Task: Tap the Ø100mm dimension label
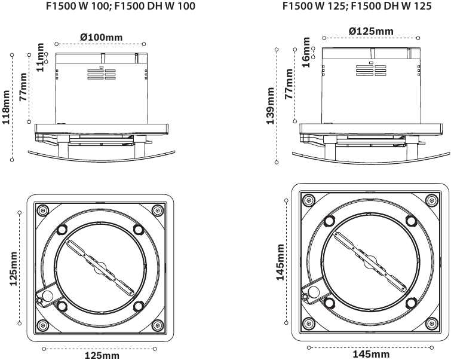101,37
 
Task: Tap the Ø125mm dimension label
370,31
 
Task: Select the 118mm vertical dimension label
6,107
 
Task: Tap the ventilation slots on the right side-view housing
370,71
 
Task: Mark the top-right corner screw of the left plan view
157,210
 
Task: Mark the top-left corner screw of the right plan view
308,199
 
